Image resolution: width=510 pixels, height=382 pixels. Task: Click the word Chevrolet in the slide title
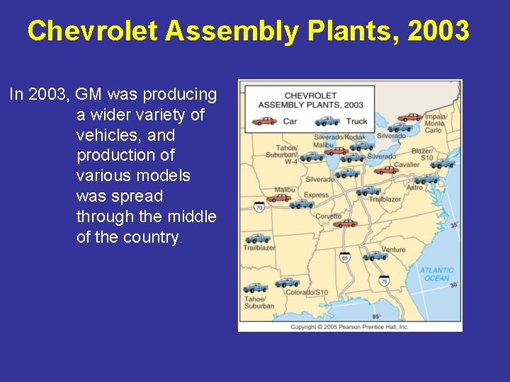pyautogui.click(x=92, y=30)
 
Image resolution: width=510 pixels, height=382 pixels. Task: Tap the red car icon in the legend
pyautogui.click(x=265, y=121)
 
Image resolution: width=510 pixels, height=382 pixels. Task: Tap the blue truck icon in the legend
pyautogui.click(x=327, y=121)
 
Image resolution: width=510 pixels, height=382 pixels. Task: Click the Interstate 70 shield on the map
pyautogui.click(x=259, y=207)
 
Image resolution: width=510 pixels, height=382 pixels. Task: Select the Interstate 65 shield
pyautogui.click(x=345, y=258)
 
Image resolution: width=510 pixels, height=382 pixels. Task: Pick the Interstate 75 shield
pyautogui.click(x=384, y=282)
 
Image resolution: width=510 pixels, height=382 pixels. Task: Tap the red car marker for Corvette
pyautogui.click(x=345, y=224)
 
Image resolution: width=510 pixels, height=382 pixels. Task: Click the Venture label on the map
pyautogui.click(x=393, y=250)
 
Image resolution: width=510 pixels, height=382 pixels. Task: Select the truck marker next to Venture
pyautogui.click(x=374, y=256)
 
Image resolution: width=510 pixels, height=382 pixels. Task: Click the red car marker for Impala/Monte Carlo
pyautogui.click(x=409, y=117)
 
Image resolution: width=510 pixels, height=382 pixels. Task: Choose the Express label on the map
pyautogui.click(x=316, y=195)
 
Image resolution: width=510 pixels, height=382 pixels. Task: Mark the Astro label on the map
pyautogui.click(x=414, y=187)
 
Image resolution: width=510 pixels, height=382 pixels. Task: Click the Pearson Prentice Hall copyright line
pyautogui.click(x=349, y=327)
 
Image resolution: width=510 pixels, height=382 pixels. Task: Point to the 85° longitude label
pyautogui.click(x=376, y=316)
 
